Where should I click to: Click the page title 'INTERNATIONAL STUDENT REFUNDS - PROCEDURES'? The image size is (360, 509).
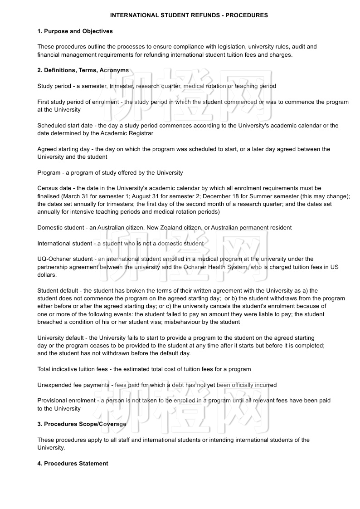pyautogui.click(x=189, y=15)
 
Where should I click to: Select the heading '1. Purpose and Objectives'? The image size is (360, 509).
pyautogui.click(x=75, y=31)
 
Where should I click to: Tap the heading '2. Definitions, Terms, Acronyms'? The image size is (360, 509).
pyautogui.click(x=83, y=70)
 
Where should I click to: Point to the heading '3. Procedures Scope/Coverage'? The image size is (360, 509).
pyautogui.click(x=82, y=424)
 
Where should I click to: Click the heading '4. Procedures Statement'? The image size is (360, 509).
pyautogui.click(x=73, y=463)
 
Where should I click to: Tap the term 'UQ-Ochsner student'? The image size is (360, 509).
pyautogui.click(x=65, y=259)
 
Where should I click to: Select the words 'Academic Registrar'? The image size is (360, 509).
pyautogui.click(x=127, y=133)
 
